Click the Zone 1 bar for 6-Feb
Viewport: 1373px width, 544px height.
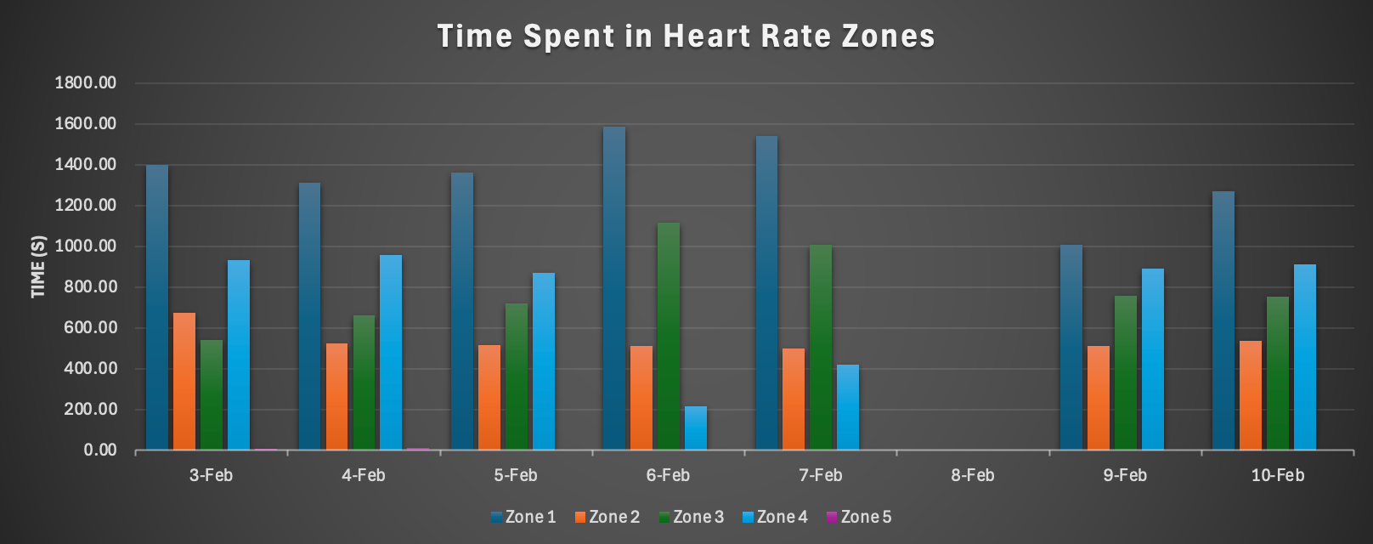[613, 288]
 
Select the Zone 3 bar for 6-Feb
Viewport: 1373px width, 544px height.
[669, 336]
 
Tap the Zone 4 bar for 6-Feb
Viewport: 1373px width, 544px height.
[696, 428]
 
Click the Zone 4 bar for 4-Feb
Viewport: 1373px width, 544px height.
[391, 352]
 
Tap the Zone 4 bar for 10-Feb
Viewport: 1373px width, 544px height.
[1305, 357]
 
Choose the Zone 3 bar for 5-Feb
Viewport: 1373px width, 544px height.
[517, 377]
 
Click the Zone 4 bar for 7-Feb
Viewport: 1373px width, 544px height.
[848, 407]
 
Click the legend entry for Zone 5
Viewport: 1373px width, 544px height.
[859, 517]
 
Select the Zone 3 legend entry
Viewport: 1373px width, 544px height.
[692, 517]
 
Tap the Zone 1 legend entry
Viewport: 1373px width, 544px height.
[523, 517]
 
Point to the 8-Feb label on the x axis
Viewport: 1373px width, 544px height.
[973, 475]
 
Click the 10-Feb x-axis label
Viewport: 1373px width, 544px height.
[1277, 475]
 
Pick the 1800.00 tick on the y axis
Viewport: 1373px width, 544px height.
[86, 83]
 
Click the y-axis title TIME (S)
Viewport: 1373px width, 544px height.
[38, 267]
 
